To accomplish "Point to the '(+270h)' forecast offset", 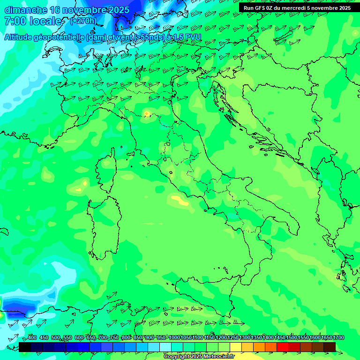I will (83, 21).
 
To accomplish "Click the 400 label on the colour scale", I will (32, 337).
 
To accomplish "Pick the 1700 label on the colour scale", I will (338, 337).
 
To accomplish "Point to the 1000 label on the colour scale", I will (174, 337).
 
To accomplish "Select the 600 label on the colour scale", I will (79, 337).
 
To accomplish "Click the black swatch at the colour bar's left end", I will (25, 347).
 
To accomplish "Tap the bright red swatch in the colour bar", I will (283, 347).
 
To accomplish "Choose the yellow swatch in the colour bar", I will (236, 347).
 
